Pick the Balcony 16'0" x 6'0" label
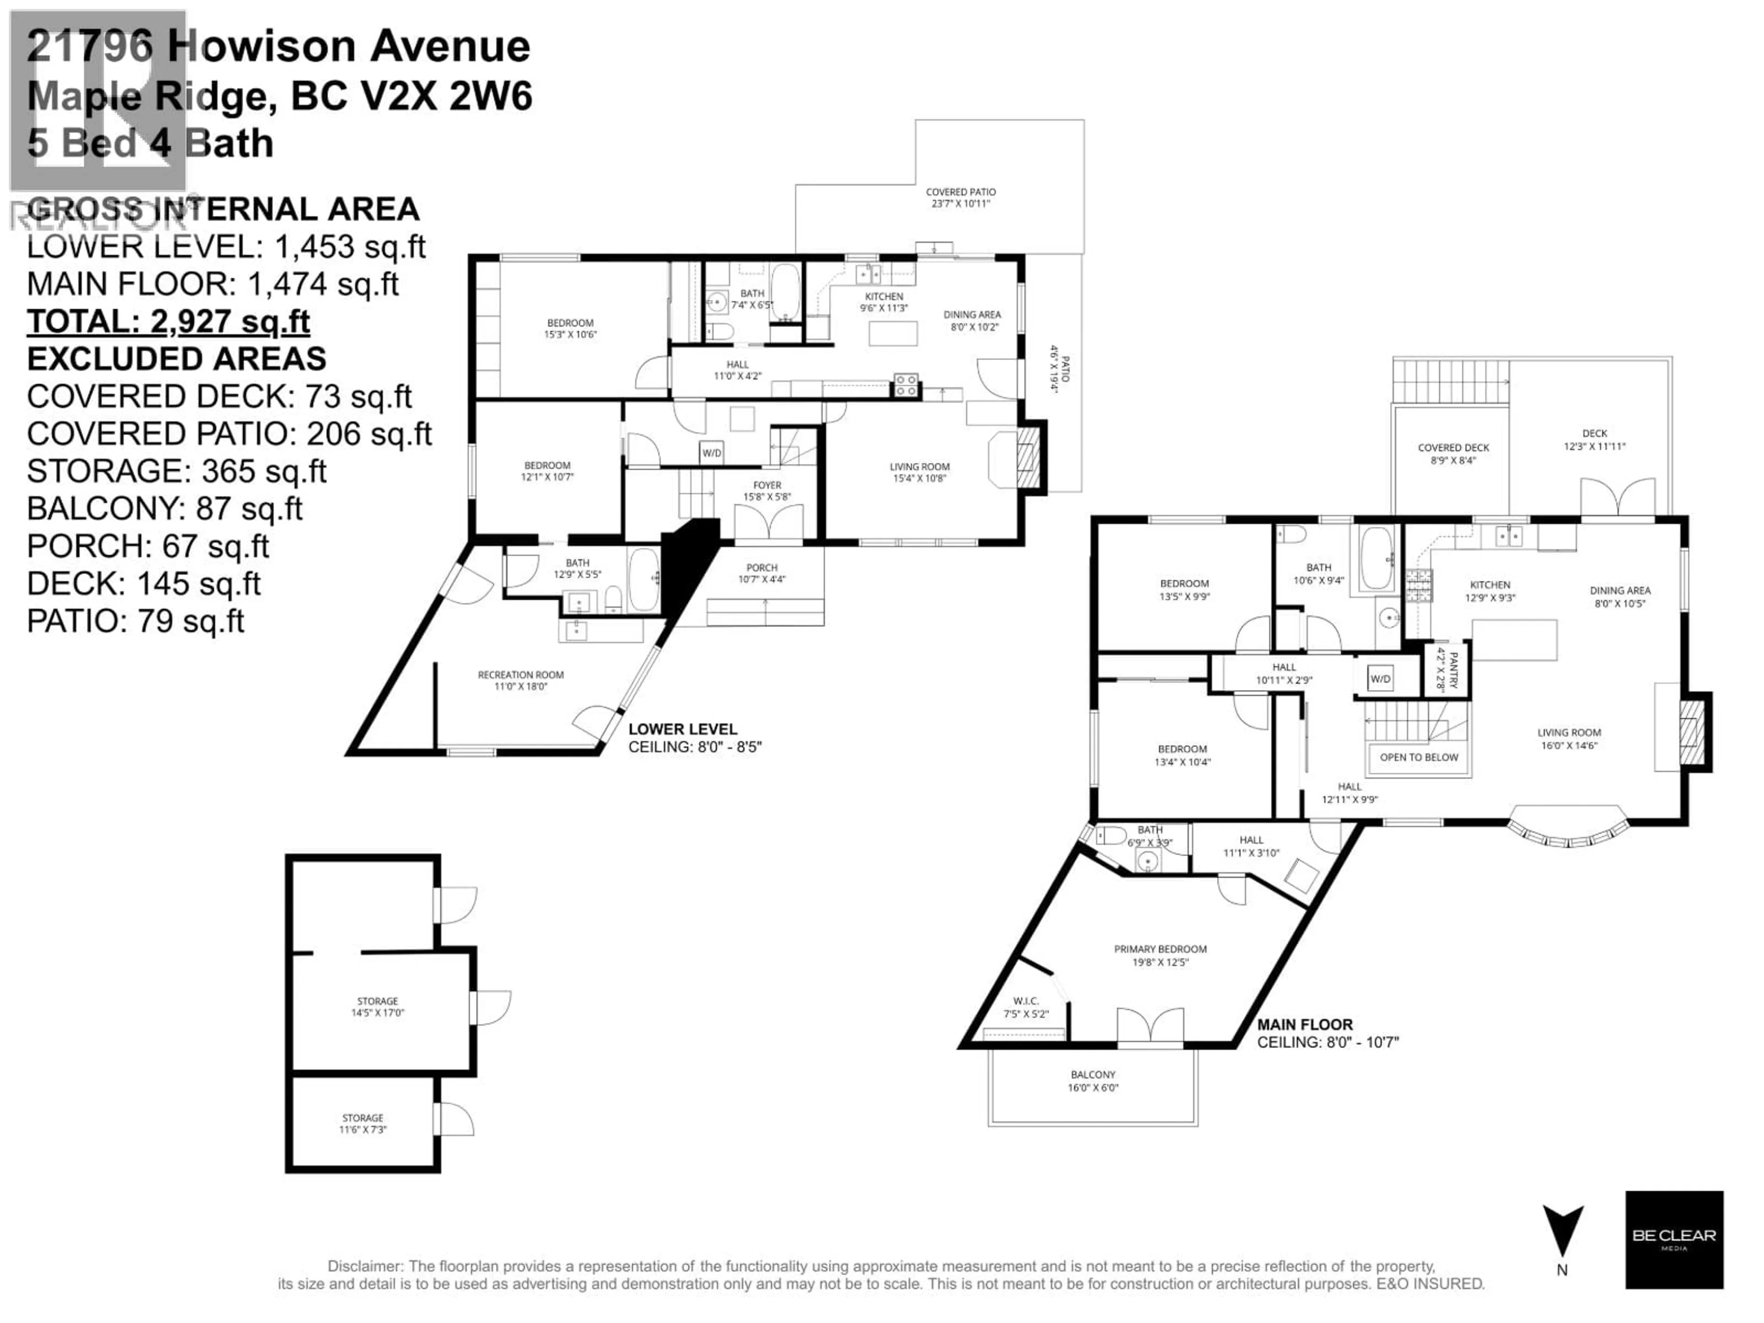pos(1092,1080)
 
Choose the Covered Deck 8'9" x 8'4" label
pos(1453,453)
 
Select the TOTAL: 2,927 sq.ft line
pos(168,322)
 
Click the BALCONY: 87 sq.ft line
pos(164,508)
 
